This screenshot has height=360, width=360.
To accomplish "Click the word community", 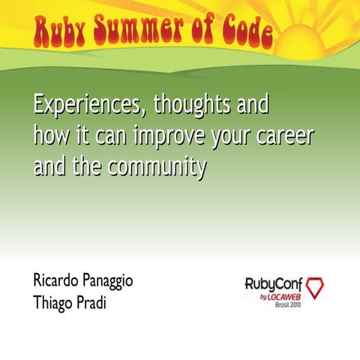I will (x=157, y=167).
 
